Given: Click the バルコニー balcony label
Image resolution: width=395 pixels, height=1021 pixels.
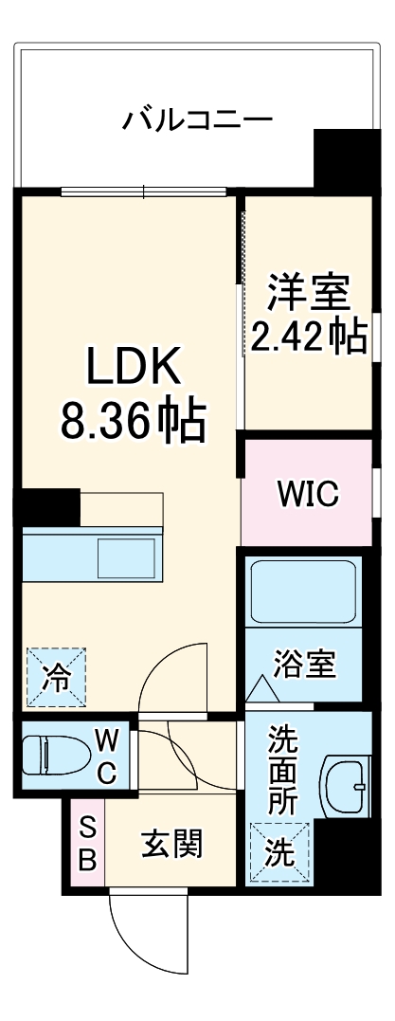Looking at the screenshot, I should pyautogui.click(x=198, y=120).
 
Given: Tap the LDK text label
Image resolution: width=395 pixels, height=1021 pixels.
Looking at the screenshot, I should pyautogui.click(x=133, y=367).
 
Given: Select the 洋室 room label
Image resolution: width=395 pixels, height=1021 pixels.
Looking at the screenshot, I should pyautogui.click(x=308, y=291).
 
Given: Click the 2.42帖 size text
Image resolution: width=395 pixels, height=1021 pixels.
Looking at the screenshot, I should pyautogui.click(x=308, y=336).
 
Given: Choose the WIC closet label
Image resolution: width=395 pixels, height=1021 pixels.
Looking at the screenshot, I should pyautogui.click(x=307, y=494).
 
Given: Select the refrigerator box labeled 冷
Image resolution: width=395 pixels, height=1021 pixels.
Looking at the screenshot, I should pyautogui.click(x=56, y=676).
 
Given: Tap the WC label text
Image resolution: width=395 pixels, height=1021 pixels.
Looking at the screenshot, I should pyautogui.click(x=106, y=756).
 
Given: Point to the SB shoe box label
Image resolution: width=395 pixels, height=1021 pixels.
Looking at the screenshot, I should pyautogui.click(x=86, y=845).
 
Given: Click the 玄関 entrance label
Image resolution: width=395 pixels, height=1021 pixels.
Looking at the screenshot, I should pyautogui.click(x=173, y=843).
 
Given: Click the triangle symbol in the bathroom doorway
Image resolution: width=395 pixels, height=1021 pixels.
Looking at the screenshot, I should pyautogui.click(x=259, y=689).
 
